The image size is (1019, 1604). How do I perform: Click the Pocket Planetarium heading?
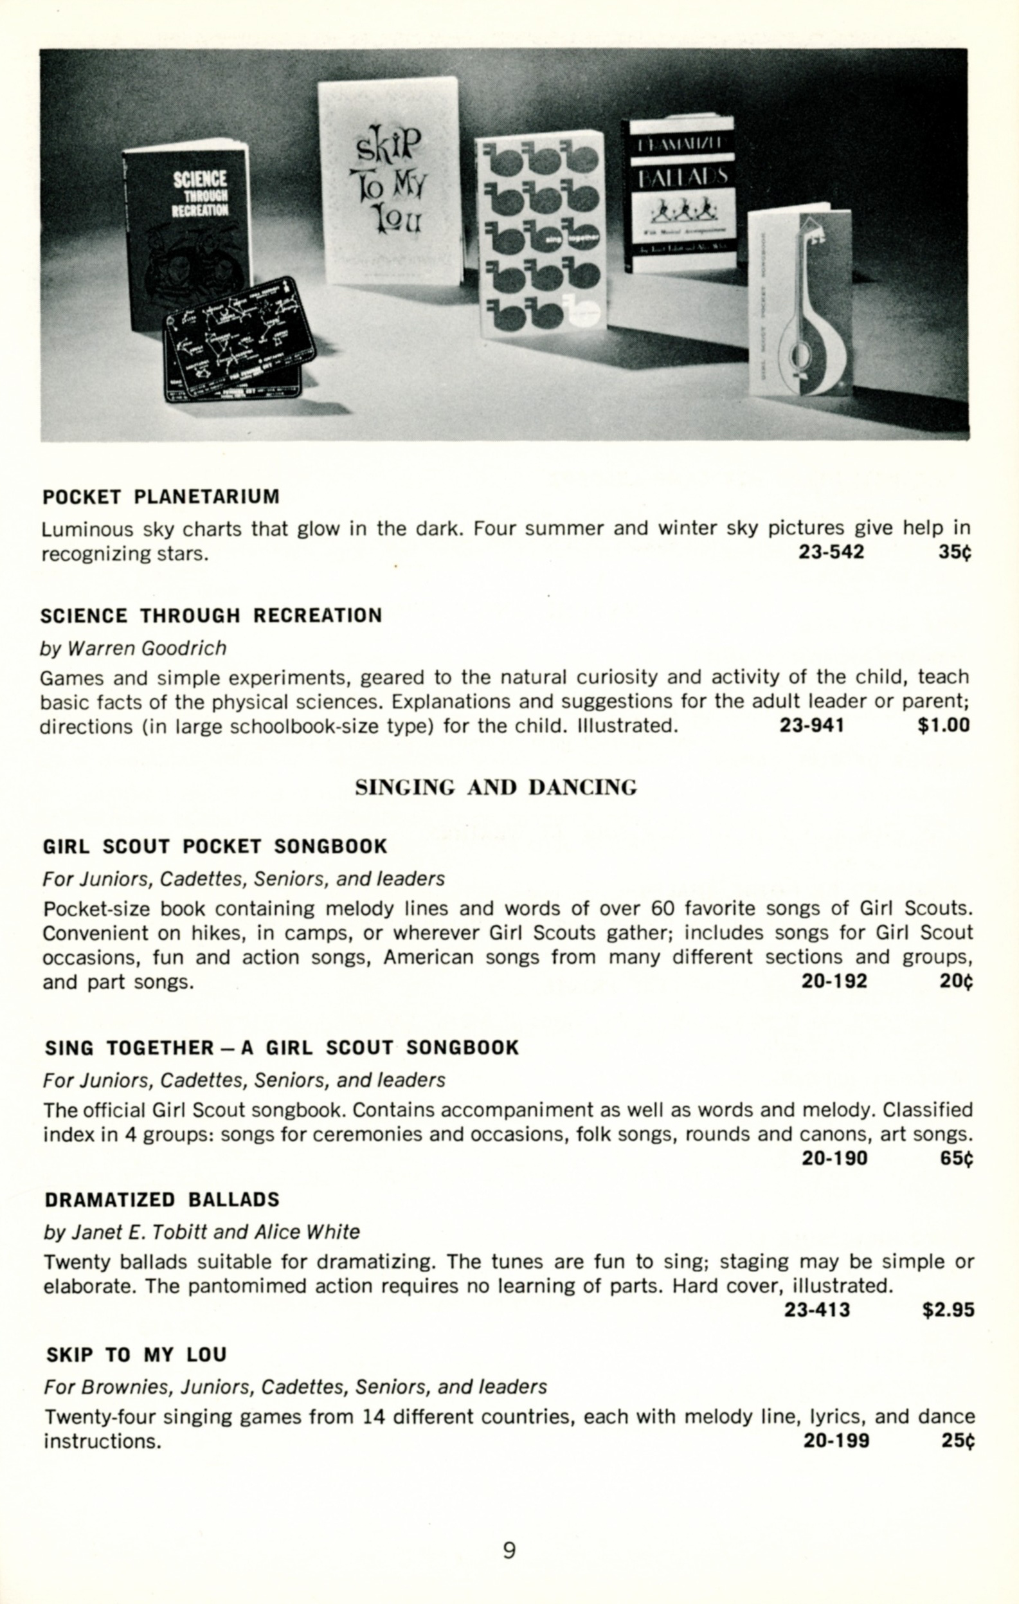pyautogui.click(x=161, y=497)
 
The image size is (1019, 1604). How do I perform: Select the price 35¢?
pyautogui.click(x=955, y=552)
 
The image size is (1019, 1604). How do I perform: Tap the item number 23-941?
pyautogui.click(x=812, y=725)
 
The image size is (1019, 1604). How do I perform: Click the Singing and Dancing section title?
pyautogui.click(x=496, y=787)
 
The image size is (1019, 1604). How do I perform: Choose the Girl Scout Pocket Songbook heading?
pyautogui.click(x=215, y=846)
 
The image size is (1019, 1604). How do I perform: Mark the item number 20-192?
pyautogui.click(x=834, y=981)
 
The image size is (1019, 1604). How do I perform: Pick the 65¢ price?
pyautogui.click(x=957, y=1158)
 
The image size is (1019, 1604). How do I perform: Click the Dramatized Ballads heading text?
pyautogui.click(x=162, y=1199)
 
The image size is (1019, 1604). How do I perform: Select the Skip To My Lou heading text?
pyautogui.click(x=136, y=1354)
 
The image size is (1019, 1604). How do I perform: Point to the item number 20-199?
pyautogui.click(x=836, y=1441)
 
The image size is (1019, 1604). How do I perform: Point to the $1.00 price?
pyautogui.click(x=943, y=725)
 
